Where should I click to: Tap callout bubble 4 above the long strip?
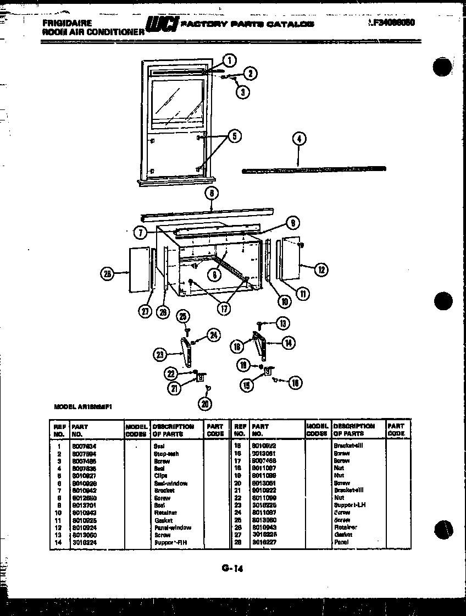point(299,139)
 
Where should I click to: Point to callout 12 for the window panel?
point(321,269)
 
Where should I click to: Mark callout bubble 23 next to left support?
point(160,355)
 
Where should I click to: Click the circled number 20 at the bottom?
point(206,404)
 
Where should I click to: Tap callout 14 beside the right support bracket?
point(288,343)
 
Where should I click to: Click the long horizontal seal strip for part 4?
point(313,169)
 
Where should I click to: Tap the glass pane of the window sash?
point(179,105)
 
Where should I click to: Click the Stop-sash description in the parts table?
point(166,454)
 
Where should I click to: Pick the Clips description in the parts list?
point(160,476)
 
